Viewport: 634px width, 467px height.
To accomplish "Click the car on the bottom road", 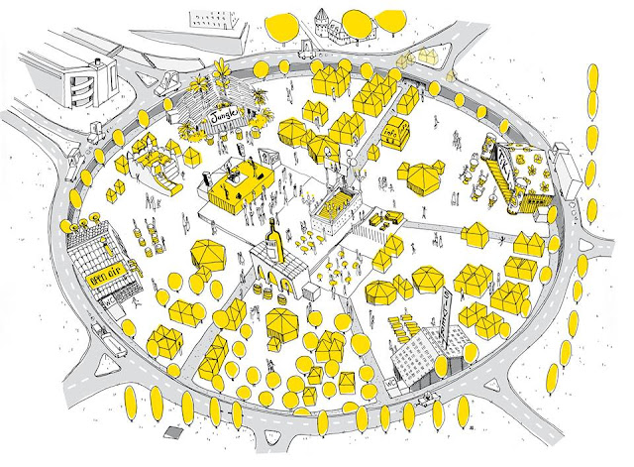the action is [429, 401].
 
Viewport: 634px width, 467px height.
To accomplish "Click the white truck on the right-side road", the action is [562, 157].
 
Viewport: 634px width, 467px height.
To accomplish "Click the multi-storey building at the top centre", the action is [213, 22].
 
